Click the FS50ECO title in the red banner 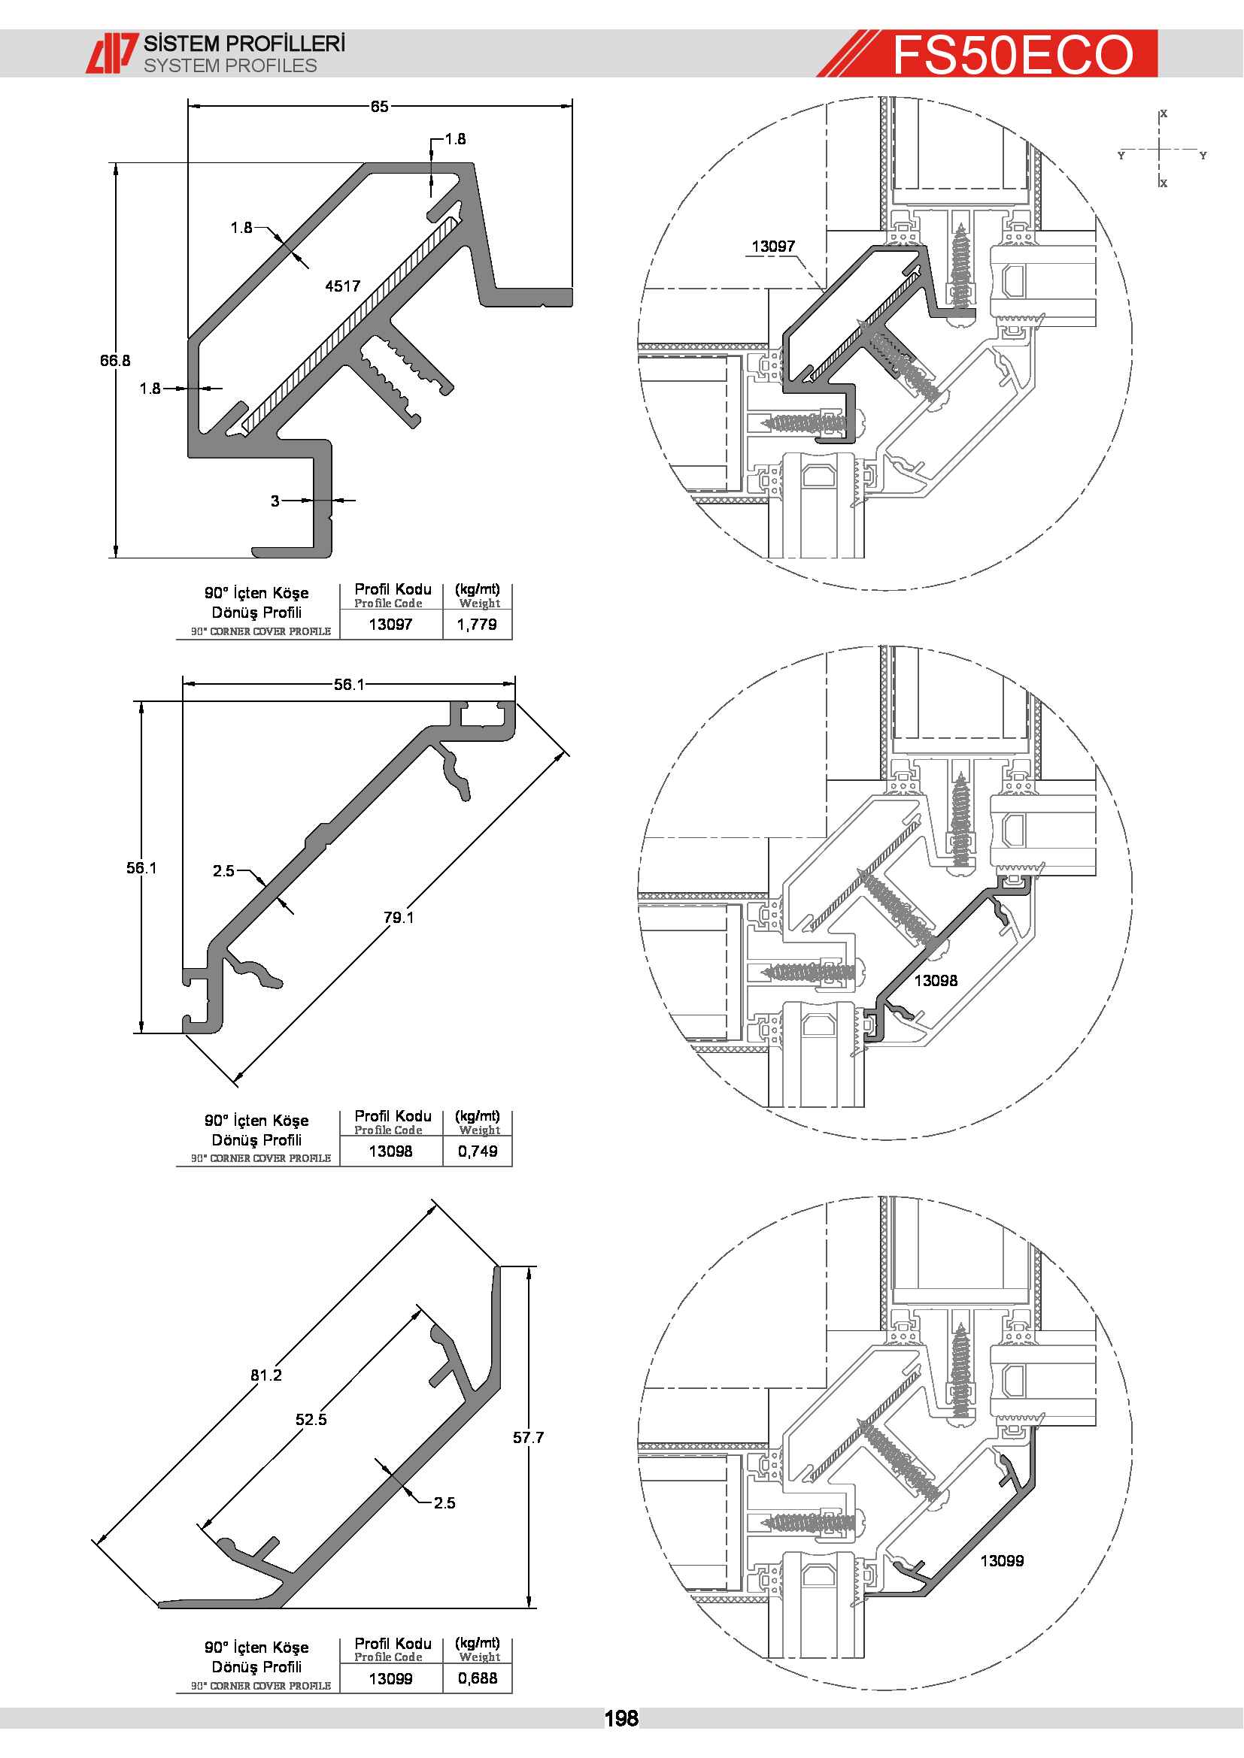[x=1012, y=54]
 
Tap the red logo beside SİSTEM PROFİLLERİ [x=112, y=53]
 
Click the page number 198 [x=621, y=1718]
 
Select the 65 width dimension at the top [x=380, y=107]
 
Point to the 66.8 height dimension [x=115, y=360]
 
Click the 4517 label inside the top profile [x=342, y=286]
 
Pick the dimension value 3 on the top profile [x=275, y=501]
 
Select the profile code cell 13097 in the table [x=390, y=624]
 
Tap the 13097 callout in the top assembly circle [x=773, y=247]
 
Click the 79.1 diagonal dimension [x=399, y=917]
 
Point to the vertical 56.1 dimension [x=141, y=867]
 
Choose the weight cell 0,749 [x=478, y=1151]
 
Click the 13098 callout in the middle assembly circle [x=936, y=981]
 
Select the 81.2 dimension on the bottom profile [x=266, y=1375]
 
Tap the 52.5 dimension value [x=311, y=1420]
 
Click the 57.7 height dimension [x=529, y=1438]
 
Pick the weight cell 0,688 [x=478, y=1678]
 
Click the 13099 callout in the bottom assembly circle [x=1002, y=1561]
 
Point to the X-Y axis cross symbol [x=1161, y=150]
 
